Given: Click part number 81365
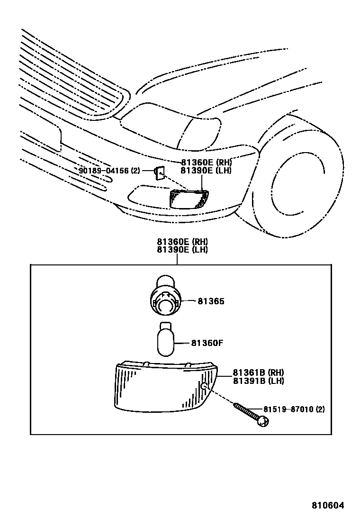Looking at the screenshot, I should [x=211, y=301].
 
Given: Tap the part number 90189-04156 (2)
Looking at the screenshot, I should [x=109, y=171].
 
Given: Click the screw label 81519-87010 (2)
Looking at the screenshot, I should [x=294, y=409].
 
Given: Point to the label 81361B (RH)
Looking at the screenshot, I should [x=258, y=373].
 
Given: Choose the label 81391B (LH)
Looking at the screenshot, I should [x=258, y=381].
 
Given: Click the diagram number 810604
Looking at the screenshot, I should [x=327, y=505].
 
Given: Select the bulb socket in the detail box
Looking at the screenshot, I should [x=165, y=299].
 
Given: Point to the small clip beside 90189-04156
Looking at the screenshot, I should [x=160, y=173].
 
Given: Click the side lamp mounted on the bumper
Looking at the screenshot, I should [x=189, y=198].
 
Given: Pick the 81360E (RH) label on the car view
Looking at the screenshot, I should [x=206, y=163].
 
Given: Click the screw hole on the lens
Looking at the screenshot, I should [x=204, y=387].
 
